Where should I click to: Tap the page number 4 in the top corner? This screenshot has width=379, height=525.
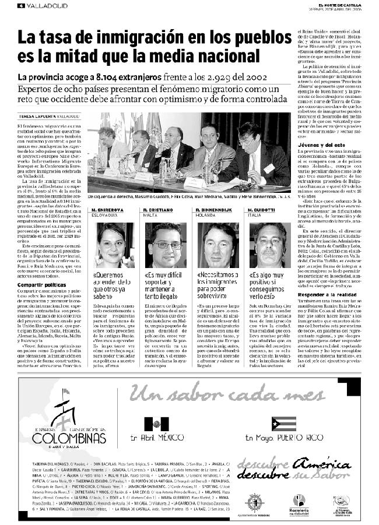(x=21, y=6)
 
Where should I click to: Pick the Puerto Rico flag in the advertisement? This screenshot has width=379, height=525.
(x=283, y=424)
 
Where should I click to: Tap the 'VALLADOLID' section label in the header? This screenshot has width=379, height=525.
(x=44, y=6)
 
